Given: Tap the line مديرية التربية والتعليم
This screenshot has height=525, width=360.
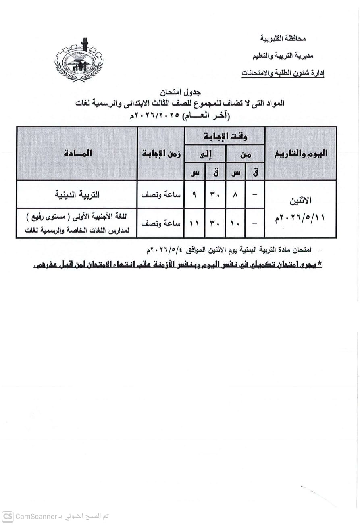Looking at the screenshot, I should tap(279, 56).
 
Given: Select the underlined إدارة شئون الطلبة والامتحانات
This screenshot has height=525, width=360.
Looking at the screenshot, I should tap(283, 73).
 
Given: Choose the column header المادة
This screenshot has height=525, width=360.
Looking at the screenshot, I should tap(77, 153).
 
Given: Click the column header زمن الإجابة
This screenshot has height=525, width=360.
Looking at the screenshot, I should tap(161, 153).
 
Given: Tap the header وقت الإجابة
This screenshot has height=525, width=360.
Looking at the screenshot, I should tap(224, 136).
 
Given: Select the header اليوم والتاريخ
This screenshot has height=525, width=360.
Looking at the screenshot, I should tap(301, 153).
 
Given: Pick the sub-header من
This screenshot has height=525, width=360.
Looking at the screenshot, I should tap(245, 154).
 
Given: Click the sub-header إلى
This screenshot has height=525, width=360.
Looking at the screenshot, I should tap(205, 154).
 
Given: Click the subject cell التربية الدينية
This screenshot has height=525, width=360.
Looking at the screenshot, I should tap(77, 194).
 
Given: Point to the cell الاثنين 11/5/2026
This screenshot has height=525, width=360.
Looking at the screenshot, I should tap(301, 209).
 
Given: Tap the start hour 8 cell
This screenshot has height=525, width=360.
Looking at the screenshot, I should tap(235, 194).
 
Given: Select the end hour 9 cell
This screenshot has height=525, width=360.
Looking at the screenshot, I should tap(194, 194).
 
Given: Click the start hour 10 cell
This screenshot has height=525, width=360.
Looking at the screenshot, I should tap(235, 223).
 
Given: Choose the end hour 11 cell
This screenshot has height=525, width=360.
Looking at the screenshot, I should tap(194, 223).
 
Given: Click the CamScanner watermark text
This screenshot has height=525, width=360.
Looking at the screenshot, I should tap(56, 517).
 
